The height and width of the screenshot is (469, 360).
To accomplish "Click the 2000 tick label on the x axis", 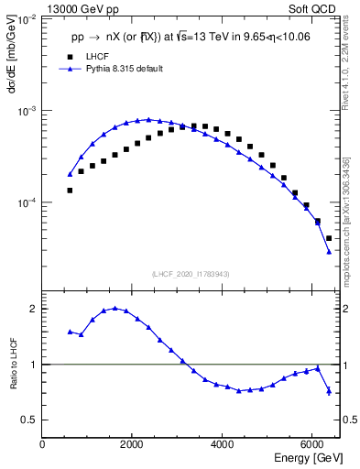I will click(132, 445).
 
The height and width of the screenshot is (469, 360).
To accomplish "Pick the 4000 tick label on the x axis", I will click(223, 445).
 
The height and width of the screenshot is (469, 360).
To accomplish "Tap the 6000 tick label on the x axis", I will click(312, 445).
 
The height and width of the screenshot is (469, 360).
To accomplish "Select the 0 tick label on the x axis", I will click(42, 445).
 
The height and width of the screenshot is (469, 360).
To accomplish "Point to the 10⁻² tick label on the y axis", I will click(27, 19).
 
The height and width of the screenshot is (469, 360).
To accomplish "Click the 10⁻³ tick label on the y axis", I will click(27, 111).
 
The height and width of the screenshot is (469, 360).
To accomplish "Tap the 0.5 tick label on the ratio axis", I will click(29, 420).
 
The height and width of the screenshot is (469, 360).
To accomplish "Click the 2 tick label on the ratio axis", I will click(34, 309).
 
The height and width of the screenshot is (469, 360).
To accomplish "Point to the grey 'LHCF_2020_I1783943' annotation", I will click(190, 274).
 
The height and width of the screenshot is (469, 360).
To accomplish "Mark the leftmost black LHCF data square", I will click(70, 190).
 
